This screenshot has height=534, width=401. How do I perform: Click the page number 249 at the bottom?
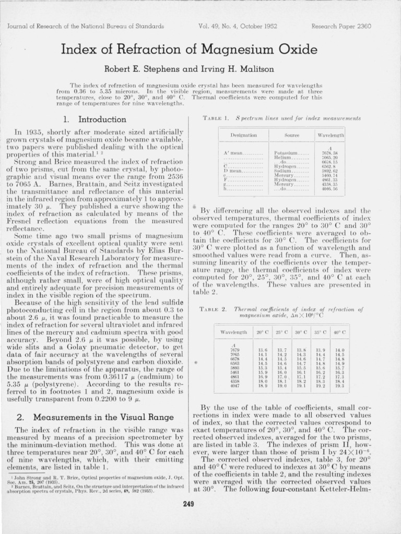[x=200, y=503]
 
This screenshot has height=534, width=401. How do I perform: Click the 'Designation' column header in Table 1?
[x=244, y=135]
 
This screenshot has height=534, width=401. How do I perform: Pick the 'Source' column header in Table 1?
[x=291, y=135]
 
